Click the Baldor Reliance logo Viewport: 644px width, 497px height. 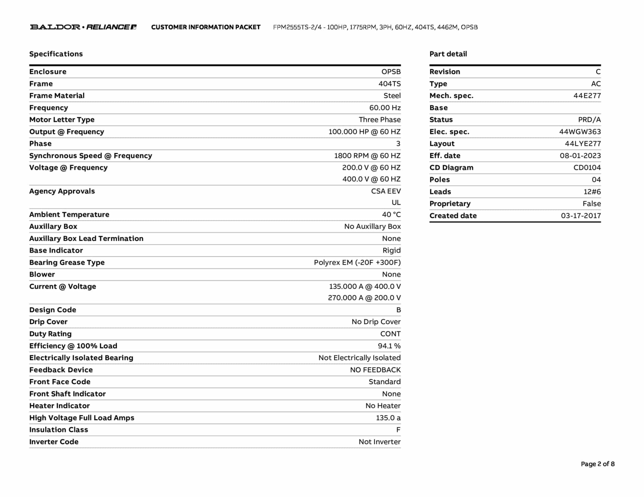tap(83, 27)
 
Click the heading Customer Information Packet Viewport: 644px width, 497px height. tap(206, 27)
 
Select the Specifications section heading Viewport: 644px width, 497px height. tap(56, 54)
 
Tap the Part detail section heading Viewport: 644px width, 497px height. tap(448, 54)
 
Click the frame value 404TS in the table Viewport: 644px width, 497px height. tap(389, 84)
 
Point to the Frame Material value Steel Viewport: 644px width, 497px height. tap(392, 96)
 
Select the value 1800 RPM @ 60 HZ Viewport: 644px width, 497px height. tap(367, 156)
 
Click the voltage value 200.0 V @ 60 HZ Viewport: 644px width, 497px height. tap(371, 168)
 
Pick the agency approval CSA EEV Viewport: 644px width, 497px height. tap(386, 191)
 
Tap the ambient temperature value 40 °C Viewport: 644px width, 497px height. tap(391, 215)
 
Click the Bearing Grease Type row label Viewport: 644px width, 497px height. tap(67, 263)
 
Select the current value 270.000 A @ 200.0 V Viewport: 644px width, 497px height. tap(364, 298)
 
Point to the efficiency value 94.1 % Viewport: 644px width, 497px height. tap(389, 346)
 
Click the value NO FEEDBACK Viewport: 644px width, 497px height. tap(375, 370)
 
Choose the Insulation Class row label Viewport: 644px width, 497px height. tap(58, 430)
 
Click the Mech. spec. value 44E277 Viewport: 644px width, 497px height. tap(587, 96)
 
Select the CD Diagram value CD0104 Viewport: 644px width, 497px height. tap(587, 168)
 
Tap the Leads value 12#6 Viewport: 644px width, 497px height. tap(592, 192)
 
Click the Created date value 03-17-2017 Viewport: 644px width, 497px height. tap(580, 216)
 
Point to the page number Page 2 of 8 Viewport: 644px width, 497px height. tap(597, 464)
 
